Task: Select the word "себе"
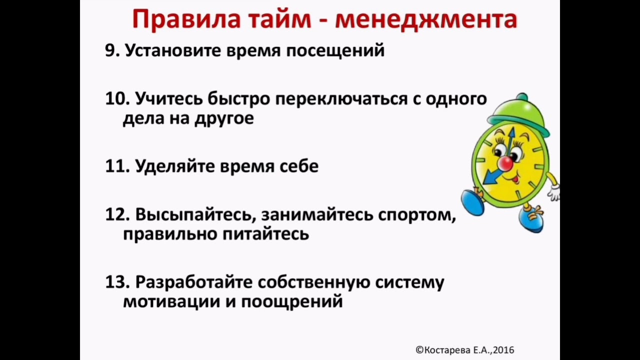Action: [299, 166]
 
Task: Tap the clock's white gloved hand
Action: [553, 192]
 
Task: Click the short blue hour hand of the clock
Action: [492, 176]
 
